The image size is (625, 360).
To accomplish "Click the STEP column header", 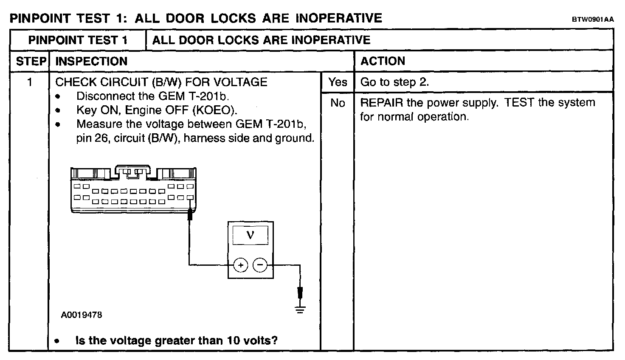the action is (31, 61).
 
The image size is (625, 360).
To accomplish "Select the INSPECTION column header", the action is (91, 61).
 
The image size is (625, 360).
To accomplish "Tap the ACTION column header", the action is (383, 61).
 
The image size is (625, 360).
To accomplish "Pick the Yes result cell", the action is (338, 82).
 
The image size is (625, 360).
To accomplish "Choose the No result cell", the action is (338, 103).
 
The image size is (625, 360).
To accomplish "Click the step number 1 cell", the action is (30, 82).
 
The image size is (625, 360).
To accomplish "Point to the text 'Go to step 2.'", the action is (394, 82).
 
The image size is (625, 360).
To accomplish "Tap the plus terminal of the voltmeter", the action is (240, 266).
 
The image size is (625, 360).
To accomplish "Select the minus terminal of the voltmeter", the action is (260, 266).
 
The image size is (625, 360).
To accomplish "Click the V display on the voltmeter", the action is (250, 235).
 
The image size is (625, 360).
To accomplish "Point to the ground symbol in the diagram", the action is (300, 309).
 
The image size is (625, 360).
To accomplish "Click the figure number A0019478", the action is (82, 315).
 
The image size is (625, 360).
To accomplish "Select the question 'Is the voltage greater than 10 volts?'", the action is (176, 340).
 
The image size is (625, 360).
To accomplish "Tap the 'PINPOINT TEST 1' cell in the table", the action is (78, 40).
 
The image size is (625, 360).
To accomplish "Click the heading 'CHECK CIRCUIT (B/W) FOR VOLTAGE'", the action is (161, 82).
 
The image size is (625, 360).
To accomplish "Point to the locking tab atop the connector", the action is (133, 170).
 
